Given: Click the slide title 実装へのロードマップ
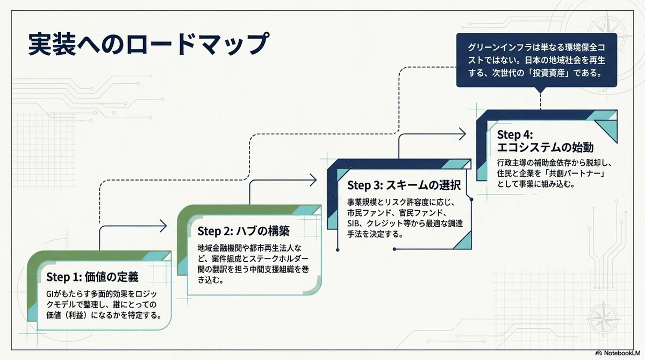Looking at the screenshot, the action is pos(148,44).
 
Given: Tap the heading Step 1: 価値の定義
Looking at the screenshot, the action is pos(92,277).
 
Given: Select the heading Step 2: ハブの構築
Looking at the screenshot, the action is pos(243,231).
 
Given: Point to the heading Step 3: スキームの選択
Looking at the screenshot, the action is pos(404,185).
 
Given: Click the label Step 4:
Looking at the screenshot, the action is pos(515,134).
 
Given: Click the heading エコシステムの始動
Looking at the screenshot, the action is pos(546,147).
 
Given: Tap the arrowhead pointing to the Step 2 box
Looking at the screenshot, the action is pos(163,226).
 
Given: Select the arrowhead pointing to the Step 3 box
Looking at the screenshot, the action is pos(313,180).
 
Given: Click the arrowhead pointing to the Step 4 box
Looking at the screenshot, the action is pos(462,134).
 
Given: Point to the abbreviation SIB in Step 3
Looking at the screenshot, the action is pos(353,224).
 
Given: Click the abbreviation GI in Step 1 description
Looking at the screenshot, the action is pos(49,294).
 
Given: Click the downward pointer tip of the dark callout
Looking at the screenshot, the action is pos(541,92).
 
